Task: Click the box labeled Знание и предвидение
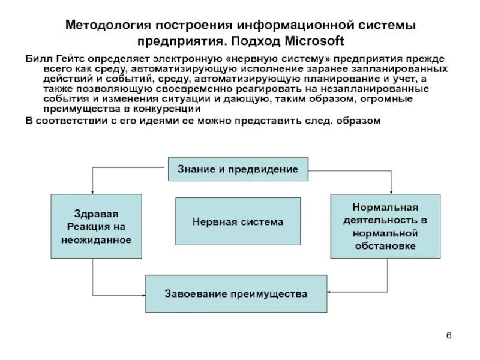click(x=238, y=169)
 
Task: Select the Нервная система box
click(x=238, y=221)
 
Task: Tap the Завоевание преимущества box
click(x=236, y=294)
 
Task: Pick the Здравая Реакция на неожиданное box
click(x=96, y=226)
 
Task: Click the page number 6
click(x=448, y=335)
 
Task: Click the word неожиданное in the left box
click(x=96, y=239)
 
